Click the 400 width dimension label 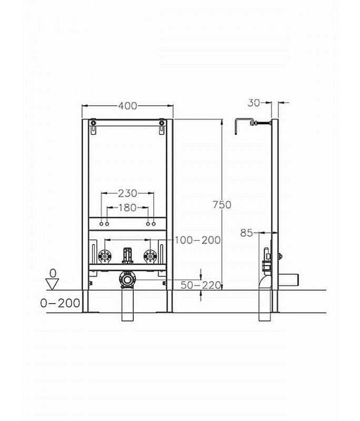[128, 106]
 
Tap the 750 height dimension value [222, 205]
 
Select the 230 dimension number [128, 193]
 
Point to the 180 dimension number [127, 207]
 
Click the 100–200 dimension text [197, 240]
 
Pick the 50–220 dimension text [201, 285]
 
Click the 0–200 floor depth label [60, 304]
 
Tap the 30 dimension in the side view [254, 103]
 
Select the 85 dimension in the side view [246, 233]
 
